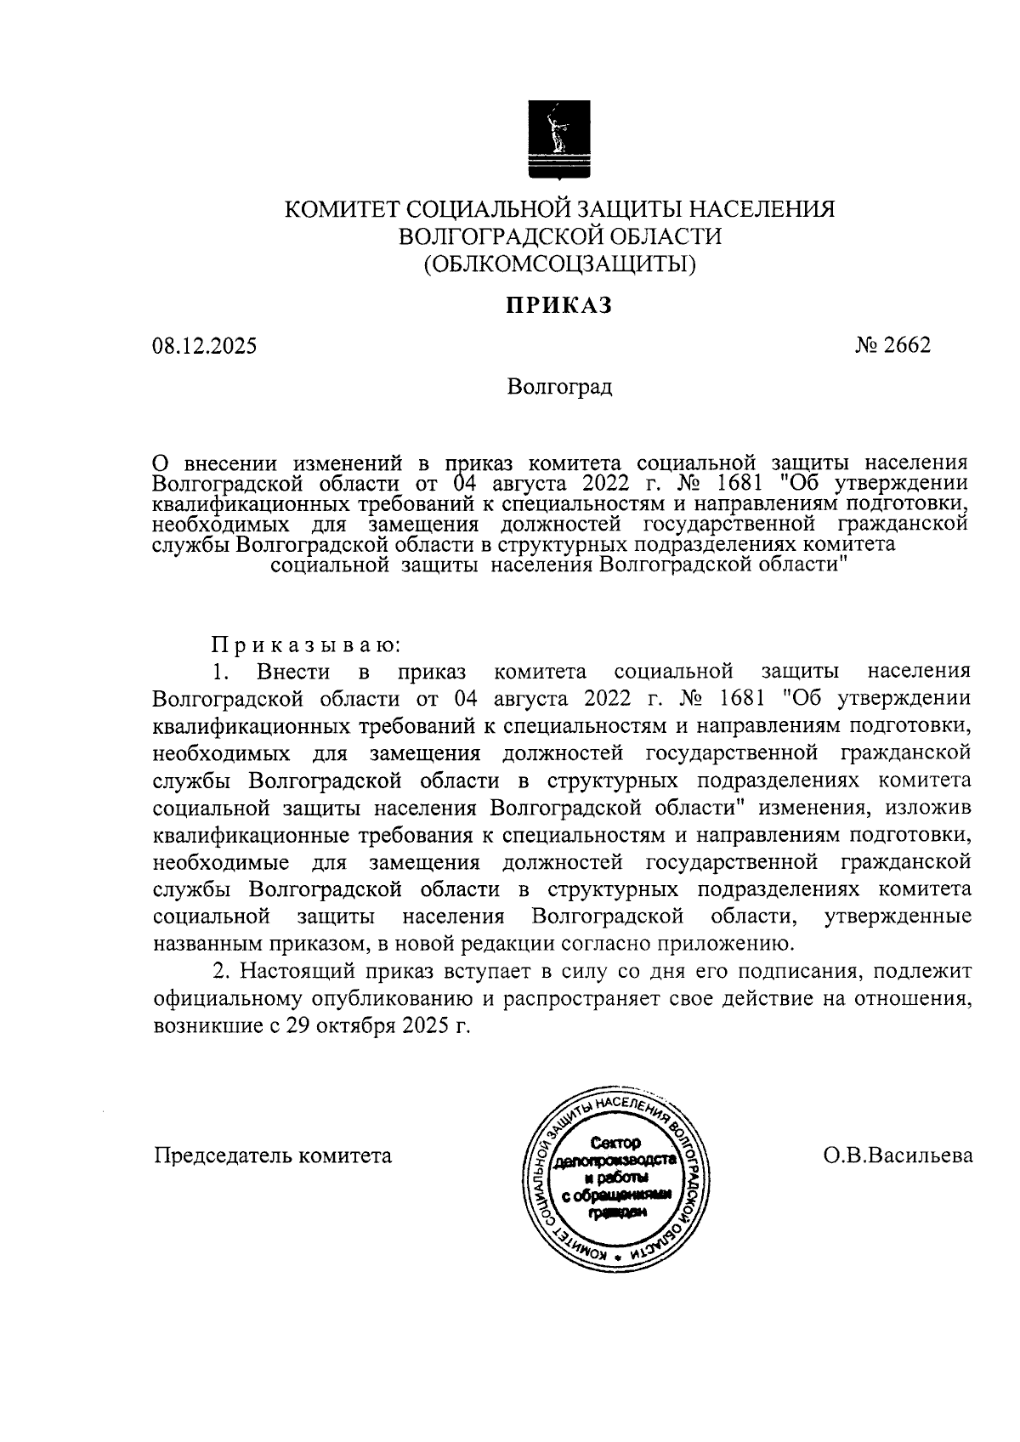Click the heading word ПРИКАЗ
pyautogui.click(x=559, y=305)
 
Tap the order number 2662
pyautogui.click(x=907, y=345)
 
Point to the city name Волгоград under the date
pyautogui.click(x=559, y=388)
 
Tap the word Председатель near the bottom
pyautogui.click(x=223, y=1156)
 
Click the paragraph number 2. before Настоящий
pyautogui.click(x=221, y=971)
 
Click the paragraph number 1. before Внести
pyautogui.click(x=221, y=672)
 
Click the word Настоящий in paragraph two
pyautogui.click(x=296, y=971)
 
